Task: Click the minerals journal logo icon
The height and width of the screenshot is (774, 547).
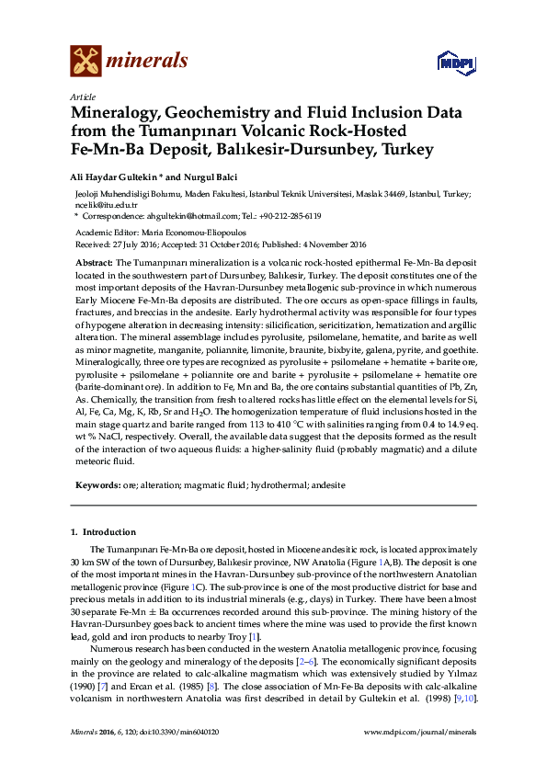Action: [85, 61]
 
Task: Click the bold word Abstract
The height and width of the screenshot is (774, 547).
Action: [93, 263]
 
